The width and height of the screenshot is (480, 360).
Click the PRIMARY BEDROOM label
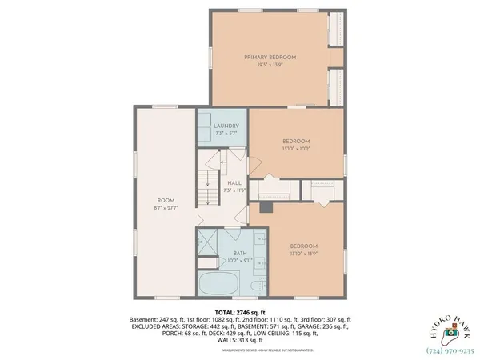click(270, 58)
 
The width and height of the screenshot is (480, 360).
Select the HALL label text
click(234, 183)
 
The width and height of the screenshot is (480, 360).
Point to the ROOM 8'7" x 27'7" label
click(165, 200)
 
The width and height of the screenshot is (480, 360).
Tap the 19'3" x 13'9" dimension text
click(270, 65)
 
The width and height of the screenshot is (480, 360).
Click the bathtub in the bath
click(218, 283)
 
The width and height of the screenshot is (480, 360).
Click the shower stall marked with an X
click(208, 242)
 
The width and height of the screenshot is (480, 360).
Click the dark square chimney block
click(267, 207)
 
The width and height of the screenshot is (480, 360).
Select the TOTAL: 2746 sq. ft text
click(239, 312)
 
